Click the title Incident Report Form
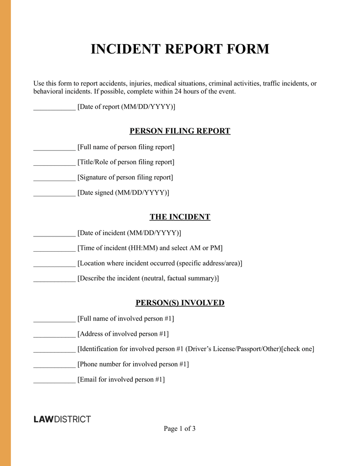click(x=180, y=49)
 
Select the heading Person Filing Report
click(x=180, y=131)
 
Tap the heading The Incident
click(x=180, y=217)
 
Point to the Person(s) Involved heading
click(x=180, y=303)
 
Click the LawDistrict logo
click(x=62, y=419)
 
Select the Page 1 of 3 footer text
click(x=180, y=429)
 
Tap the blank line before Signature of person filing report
click(x=54, y=178)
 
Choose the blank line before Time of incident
click(x=54, y=249)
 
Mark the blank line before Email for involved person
click(x=54, y=380)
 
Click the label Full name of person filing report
click(x=126, y=147)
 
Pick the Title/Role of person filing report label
click(x=126, y=162)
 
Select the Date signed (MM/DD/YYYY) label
click(x=123, y=193)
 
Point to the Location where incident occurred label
click(x=160, y=263)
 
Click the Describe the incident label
click(x=148, y=278)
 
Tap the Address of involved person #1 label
click(x=123, y=334)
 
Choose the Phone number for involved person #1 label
click(x=133, y=364)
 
